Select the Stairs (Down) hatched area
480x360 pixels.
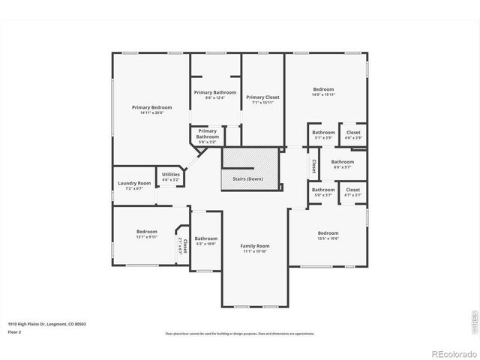pyautogui.click(x=250, y=169)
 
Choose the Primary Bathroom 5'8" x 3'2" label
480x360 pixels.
pyautogui.click(x=208, y=134)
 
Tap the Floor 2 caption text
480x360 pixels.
pyautogui.click(x=15, y=331)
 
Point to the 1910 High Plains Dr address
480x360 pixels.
pyautogui.click(x=46, y=323)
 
